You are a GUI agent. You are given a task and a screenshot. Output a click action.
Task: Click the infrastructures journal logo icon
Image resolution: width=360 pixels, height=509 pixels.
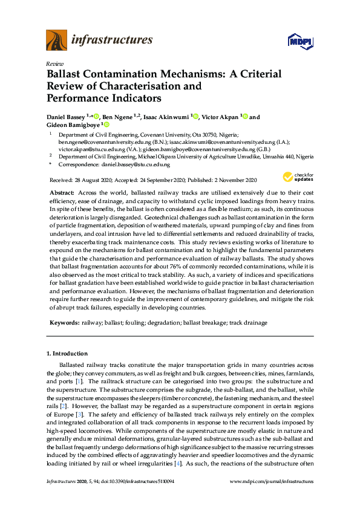[x=57, y=40]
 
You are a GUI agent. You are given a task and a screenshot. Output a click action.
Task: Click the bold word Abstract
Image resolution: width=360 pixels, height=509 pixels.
[x=61, y=191]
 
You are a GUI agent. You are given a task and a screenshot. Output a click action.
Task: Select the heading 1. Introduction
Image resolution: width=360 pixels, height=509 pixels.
[x=67, y=353]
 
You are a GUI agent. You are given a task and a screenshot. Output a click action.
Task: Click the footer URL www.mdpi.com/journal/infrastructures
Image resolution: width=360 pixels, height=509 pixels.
[x=273, y=482]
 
